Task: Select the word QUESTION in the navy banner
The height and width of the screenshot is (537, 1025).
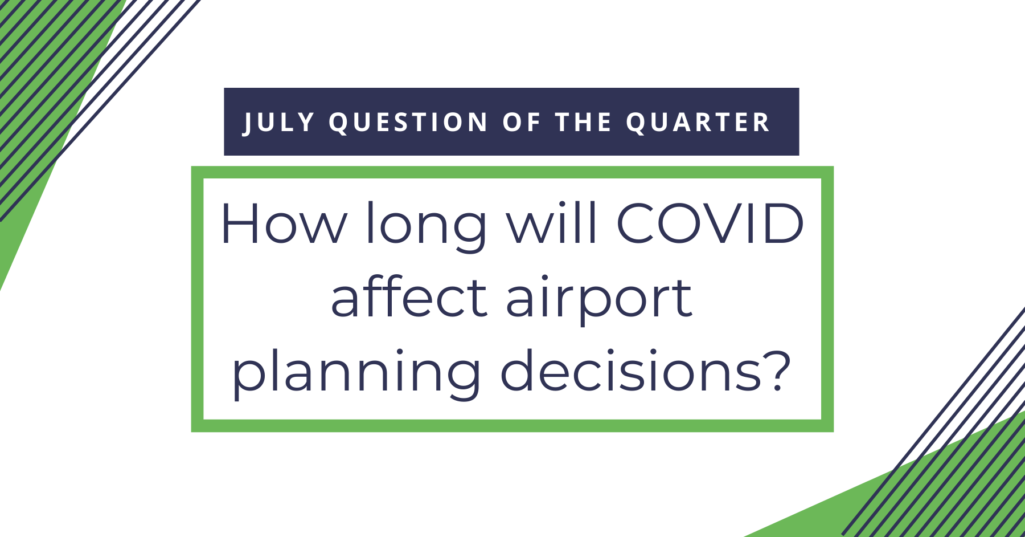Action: pos(408,123)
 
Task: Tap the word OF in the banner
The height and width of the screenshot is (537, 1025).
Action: pos(521,123)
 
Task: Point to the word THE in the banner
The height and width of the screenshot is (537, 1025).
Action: pos(584,123)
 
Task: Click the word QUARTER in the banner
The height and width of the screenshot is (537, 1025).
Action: pos(698,123)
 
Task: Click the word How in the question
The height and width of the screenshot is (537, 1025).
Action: pos(284,224)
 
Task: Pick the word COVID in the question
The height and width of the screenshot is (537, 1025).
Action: pos(710,223)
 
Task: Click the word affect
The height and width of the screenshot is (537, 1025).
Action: pos(409,297)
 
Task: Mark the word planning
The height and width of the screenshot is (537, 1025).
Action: pos(356,374)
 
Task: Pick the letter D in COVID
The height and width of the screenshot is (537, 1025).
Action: pos(784,223)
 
